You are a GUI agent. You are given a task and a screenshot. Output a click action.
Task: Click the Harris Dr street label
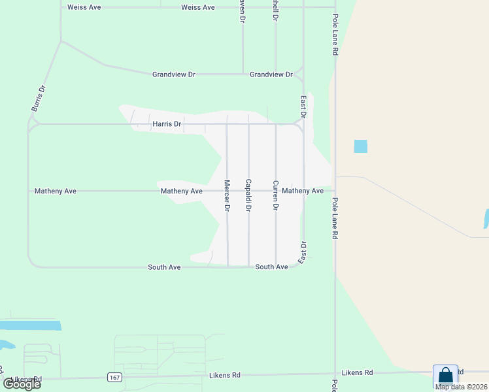click(x=167, y=123)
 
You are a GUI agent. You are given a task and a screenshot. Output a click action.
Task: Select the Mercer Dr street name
click(x=227, y=195)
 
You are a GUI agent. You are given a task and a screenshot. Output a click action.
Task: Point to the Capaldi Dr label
click(x=248, y=195)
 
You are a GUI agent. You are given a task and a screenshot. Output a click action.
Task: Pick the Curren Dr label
click(x=276, y=195)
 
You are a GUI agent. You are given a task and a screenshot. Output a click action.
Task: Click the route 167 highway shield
click(x=114, y=377)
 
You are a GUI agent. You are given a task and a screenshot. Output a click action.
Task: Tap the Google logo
click(x=22, y=384)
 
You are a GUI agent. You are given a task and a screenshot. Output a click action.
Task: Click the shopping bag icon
click(x=445, y=376)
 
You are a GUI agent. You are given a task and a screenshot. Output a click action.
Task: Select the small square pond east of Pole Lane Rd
click(x=360, y=146)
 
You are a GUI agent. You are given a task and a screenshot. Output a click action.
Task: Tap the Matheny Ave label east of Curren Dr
click(x=303, y=191)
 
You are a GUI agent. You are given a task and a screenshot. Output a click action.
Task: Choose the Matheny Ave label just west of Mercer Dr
click(x=182, y=191)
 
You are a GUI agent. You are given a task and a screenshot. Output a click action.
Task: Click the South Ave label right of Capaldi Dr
click(x=271, y=267)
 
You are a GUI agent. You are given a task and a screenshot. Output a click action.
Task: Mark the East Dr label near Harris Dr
click(x=303, y=107)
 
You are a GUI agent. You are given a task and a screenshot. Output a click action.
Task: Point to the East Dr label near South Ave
click(x=302, y=253)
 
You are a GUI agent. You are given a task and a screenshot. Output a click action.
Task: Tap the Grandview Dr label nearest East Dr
click(x=271, y=74)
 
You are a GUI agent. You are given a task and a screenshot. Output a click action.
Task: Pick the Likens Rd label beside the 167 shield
click(x=225, y=375)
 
